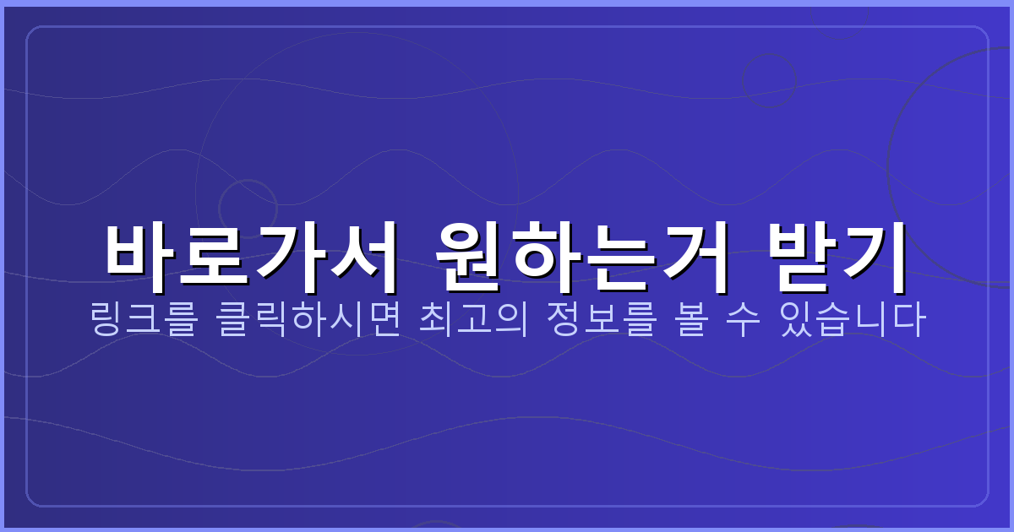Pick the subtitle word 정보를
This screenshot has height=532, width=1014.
(599, 321)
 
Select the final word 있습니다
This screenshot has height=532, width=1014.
(853, 321)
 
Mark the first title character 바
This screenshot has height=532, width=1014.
(140, 250)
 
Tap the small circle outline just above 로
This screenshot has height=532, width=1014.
(248, 207)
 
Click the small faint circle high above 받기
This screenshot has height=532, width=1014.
(769, 81)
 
